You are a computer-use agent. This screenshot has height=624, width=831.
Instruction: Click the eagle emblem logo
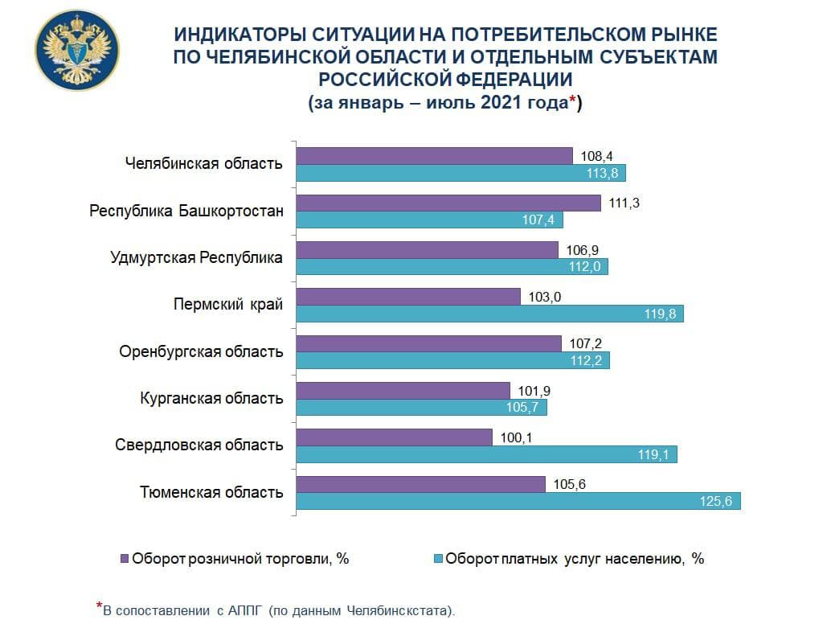click(77, 51)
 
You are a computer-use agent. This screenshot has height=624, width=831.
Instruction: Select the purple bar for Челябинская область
click(435, 156)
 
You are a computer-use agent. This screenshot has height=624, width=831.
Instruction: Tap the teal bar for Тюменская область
click(518, 501)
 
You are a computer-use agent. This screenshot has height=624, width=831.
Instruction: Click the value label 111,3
click(624, 203)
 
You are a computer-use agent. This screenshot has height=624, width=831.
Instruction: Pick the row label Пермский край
click(228, 305)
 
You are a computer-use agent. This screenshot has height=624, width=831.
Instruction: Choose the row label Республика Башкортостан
click(186, 211)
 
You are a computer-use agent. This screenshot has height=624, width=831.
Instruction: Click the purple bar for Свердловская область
click(395, 437)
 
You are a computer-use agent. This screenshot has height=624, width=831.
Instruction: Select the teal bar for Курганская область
click(422, 408)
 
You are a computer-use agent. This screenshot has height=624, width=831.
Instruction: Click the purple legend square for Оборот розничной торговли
click(124, 558)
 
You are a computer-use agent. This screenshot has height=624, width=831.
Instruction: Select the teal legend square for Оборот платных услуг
click(438, 558)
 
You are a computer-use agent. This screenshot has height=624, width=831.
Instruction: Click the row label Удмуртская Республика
click(196, 258)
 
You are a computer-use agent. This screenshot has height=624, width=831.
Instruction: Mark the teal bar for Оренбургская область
click(453, 361)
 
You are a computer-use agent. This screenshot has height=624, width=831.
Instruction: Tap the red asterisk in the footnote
click(99, 606)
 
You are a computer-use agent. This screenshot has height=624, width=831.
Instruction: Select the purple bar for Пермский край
click(409, 297)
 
